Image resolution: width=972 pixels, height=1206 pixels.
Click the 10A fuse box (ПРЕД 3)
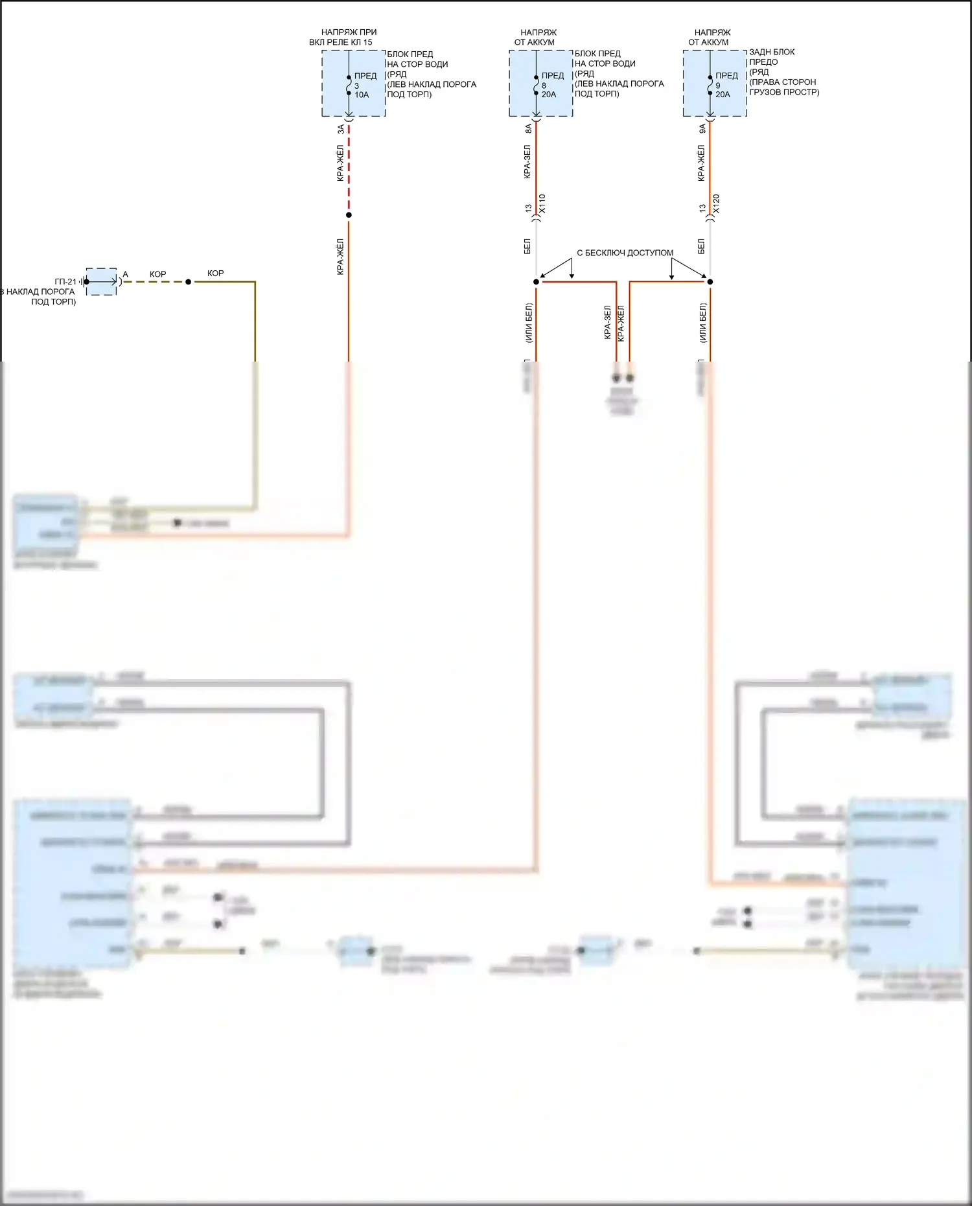pyautogui.click(x=353, y=84)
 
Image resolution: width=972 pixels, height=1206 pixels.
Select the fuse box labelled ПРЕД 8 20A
pyautogui.click(x=540, y=84)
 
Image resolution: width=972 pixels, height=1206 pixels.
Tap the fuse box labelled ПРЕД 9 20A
pyautogui.click(x=715, y=84)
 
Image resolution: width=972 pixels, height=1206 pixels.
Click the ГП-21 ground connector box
pyautogui.click(x=102, y=282)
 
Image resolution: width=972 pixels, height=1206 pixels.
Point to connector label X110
pyautogui.click(x=542, y=203)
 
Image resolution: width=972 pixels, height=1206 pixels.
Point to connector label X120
pyautogui.click(x=716, y=203)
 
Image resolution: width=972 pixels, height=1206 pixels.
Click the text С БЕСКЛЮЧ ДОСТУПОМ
pyautogui.click(x=625, y=253)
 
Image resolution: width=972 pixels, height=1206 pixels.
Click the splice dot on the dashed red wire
pyautogui.click(x=349, y=215)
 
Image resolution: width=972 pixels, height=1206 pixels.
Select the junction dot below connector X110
pyautogui.click(x=536, y=282)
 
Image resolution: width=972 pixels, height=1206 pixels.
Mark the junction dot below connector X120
pyautogui.click(x=710, y=282)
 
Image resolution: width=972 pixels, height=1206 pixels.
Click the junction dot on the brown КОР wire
pyautogui.click(x=189, y=282)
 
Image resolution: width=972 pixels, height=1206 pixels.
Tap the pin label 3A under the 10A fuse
pyautogui.click(x=341, y=130)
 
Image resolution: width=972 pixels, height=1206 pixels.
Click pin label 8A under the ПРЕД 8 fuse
pyautogui.click(x=528, y=129)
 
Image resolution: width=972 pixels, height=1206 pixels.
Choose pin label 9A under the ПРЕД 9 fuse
pyautogui.click(x=702, y=129)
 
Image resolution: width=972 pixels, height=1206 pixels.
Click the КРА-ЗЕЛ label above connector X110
pyautogui.click(x=527, y=162)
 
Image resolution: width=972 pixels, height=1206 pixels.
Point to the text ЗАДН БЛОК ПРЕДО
pyautogui.click(x=771, y=57)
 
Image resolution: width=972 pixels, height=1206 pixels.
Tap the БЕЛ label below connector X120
pyautogui.click(x=701, y=246)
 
